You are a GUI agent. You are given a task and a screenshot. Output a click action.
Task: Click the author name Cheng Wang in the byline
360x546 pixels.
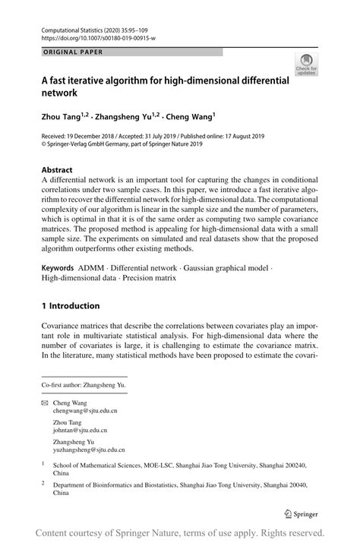point(191,117)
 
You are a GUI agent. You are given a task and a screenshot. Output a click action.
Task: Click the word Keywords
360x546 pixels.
point(58,268)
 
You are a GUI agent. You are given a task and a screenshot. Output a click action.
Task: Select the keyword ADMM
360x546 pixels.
point(91,268)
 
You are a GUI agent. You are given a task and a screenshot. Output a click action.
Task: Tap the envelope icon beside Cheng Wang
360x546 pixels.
point(44,403)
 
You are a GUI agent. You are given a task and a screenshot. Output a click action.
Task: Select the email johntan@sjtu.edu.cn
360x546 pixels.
point(81,431)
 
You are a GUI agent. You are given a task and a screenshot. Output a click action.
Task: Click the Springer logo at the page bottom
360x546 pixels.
point(300,513)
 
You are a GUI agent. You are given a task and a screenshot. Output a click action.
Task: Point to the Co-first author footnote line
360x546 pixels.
point(84,386)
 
